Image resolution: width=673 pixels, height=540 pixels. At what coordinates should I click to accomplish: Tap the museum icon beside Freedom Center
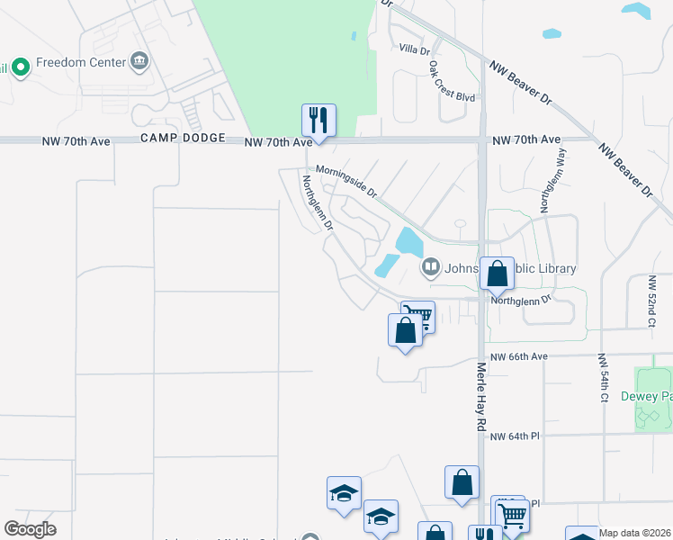pos(139,62)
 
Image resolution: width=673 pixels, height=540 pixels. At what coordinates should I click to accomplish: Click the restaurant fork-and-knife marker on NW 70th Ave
pos(318,121)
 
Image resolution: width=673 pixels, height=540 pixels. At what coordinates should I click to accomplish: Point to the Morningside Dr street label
pos(345,181)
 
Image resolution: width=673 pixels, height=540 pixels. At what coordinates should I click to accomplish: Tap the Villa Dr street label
pos(414,50)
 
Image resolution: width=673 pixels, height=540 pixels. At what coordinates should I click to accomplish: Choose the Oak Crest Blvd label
pos(451,83)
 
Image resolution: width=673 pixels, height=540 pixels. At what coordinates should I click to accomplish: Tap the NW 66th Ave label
pos(519,356)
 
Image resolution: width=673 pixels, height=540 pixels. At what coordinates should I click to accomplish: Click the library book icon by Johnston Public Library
pos(431,266)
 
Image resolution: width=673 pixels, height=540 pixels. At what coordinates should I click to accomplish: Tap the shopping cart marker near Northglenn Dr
pos(417,317)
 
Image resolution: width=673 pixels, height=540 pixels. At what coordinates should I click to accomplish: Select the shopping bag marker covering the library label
pos(497,273)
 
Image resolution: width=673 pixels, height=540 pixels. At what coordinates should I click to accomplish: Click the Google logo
pos(31,529)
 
